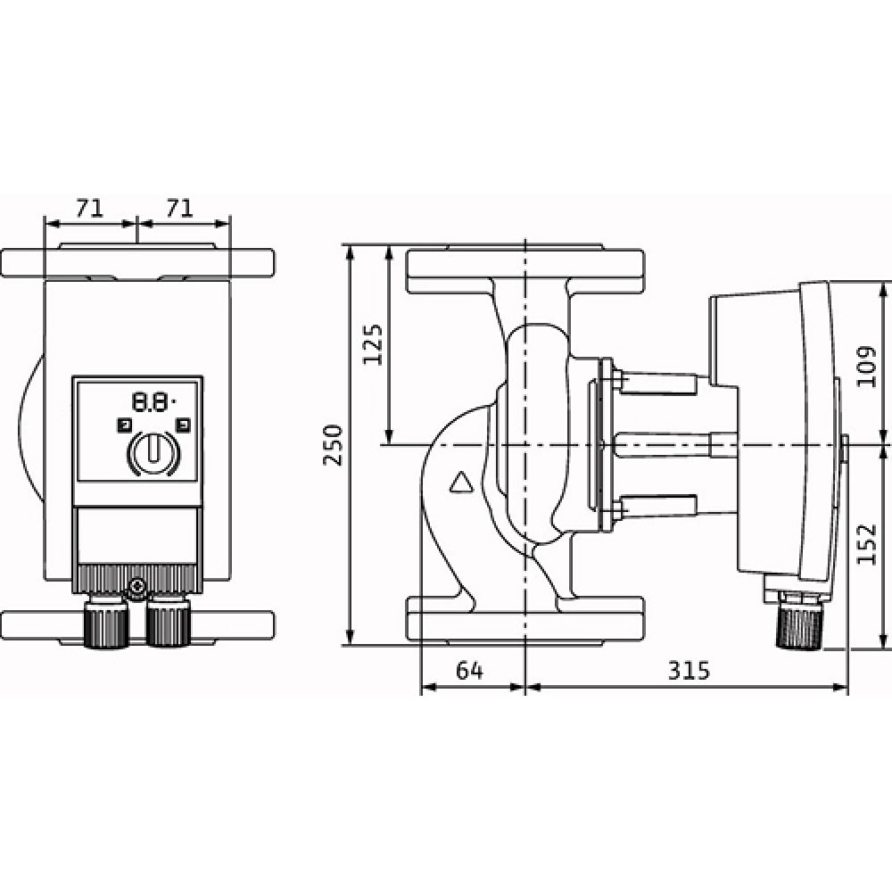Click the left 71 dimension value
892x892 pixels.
click(x=87, y=209)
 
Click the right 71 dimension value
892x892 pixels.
click(x=181, y=209)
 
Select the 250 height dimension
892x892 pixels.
click(x=333, y=444)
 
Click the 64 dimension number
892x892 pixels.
click(x=470, y=671)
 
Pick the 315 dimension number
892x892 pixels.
click(x=687, y=671)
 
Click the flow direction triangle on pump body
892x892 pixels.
click(x=461, y=483)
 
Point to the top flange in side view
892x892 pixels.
click(x=526, y=264)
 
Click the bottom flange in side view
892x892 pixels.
click(x=526, y=617)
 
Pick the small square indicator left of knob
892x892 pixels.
click(x=124, y=425)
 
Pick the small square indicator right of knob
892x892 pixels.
click(x=184, y=425)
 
